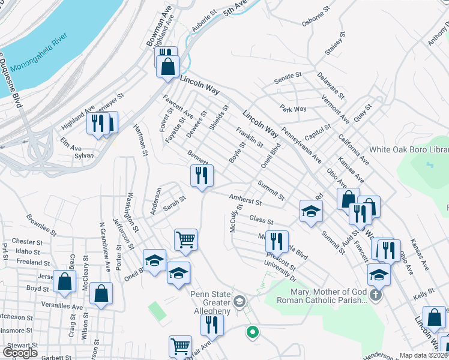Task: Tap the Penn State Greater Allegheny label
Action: (211, 302)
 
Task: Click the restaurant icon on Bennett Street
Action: (202, 175)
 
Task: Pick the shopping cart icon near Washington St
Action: (185, 239)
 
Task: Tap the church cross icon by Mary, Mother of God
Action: (376, 295)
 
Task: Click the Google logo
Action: (20, 353)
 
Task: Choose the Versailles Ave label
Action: (61, 307)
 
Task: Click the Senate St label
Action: (288, 77)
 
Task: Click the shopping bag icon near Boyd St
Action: (64, 281)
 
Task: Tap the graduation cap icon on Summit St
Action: (311, 211)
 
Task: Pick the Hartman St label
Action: (140, 140)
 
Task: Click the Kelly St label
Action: (423, 295)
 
